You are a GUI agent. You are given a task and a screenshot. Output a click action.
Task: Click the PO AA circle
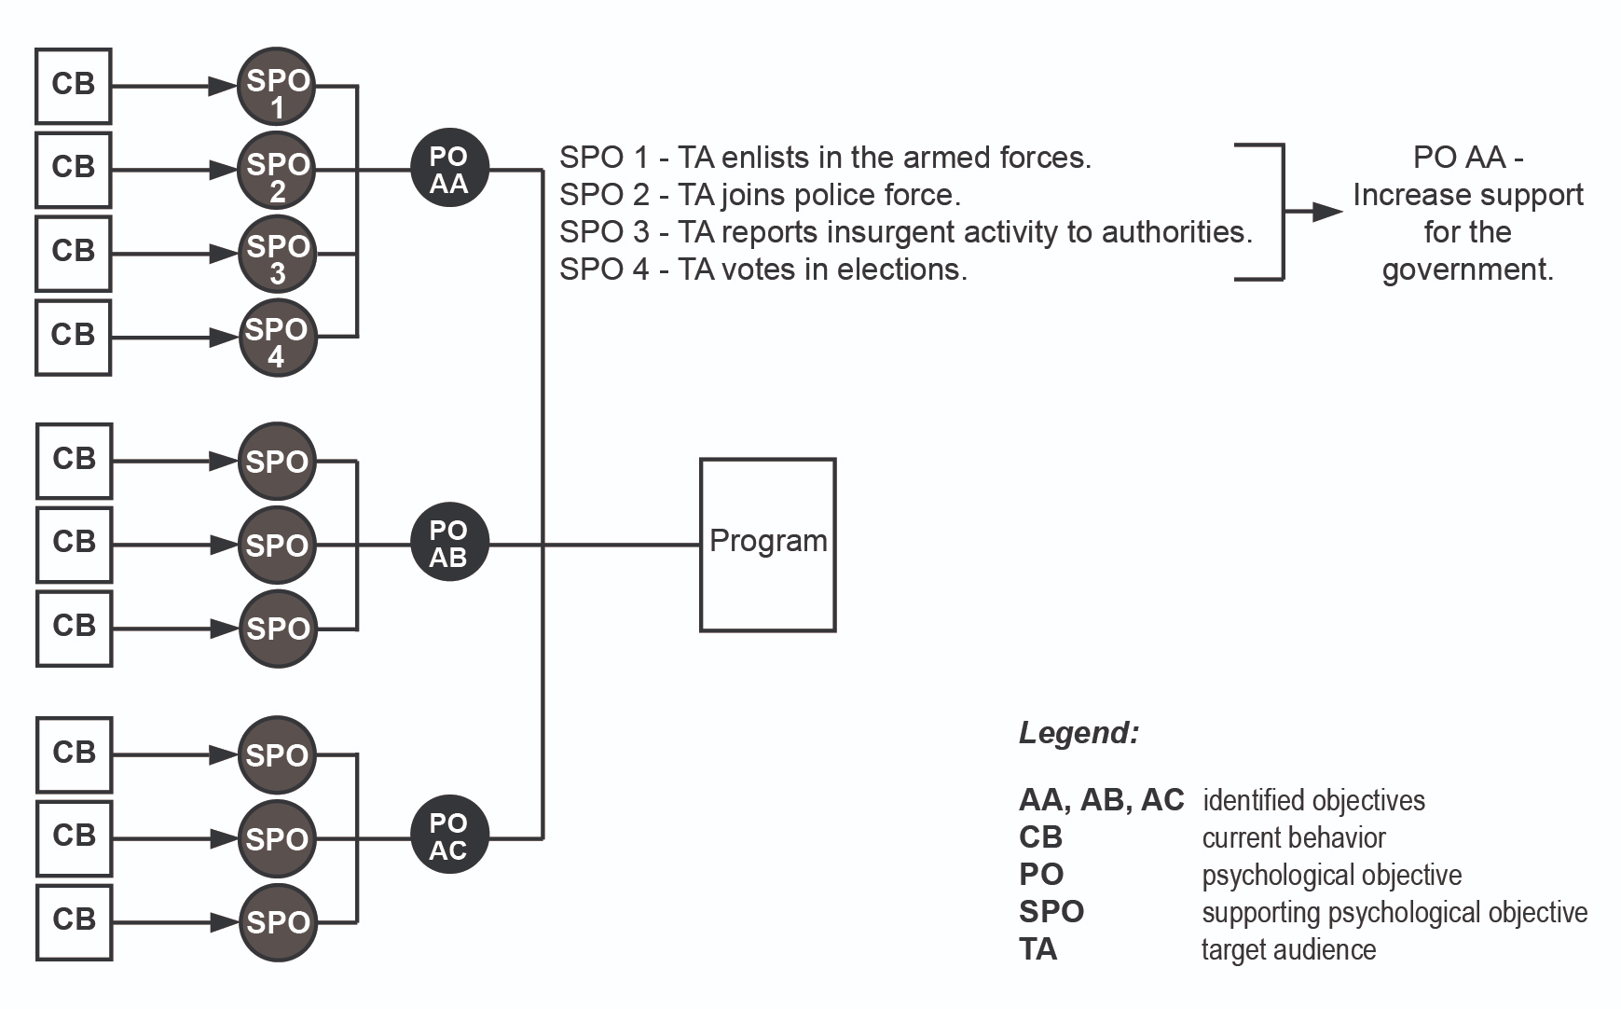click(449, 169)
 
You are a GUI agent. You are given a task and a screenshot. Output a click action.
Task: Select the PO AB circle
click(449, 544)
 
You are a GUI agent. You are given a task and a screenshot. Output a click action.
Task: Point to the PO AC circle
click(449, 836)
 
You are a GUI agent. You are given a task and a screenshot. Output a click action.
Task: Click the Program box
click(767, 545)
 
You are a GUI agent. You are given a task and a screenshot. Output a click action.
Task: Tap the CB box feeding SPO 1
click(74, 86)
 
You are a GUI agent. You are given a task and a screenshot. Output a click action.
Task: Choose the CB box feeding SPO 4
click(74, 337)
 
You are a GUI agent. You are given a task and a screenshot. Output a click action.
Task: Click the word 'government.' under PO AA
click(1468, 270)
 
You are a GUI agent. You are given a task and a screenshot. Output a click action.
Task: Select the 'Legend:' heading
click(1078, 733)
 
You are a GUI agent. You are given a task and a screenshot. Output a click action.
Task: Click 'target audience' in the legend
click(1289, 949)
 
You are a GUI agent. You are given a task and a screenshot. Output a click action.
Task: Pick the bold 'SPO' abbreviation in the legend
click(1051, 912)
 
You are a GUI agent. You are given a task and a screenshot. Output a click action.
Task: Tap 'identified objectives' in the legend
click(1314, 800)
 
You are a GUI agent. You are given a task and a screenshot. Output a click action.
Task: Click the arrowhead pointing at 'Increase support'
click(1327, 212)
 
